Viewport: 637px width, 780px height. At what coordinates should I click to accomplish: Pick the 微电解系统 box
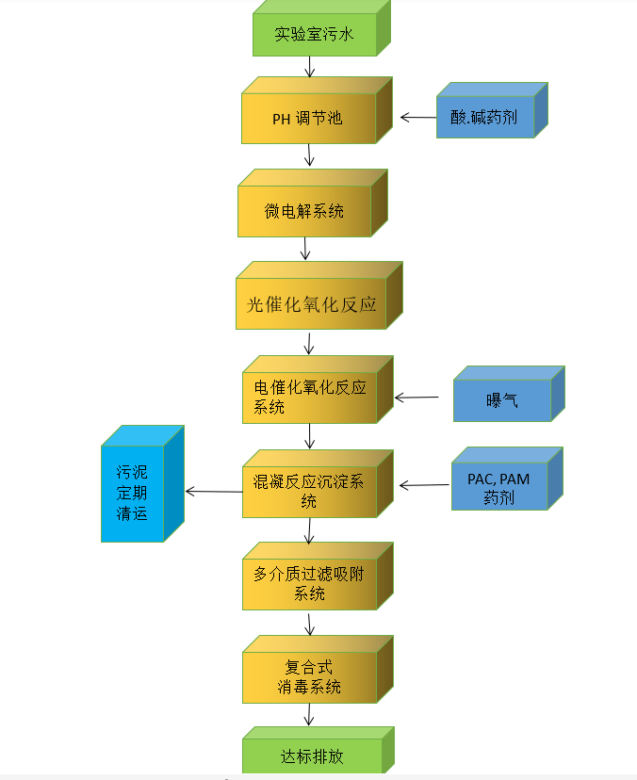[x=303, y=210]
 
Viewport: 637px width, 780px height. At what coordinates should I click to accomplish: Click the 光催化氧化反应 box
[x=311, y=303]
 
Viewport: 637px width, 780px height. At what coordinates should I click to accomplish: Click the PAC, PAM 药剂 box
[x=498, y=488]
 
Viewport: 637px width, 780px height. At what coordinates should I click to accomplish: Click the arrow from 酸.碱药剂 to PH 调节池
[x=418, y=118]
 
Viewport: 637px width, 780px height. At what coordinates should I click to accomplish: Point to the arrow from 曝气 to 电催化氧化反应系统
[x=417, y=398]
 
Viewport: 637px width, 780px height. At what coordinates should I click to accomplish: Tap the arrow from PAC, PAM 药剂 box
[x=424, y=486]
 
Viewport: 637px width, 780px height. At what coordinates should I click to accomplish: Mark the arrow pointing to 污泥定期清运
[x=213, y=491]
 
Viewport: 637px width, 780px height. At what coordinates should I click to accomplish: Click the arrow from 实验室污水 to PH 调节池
[x=310, y=67]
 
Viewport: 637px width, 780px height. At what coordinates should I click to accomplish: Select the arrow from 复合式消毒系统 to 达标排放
[x=309, y=715]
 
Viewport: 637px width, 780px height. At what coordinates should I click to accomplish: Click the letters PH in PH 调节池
[x=281, y=119]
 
